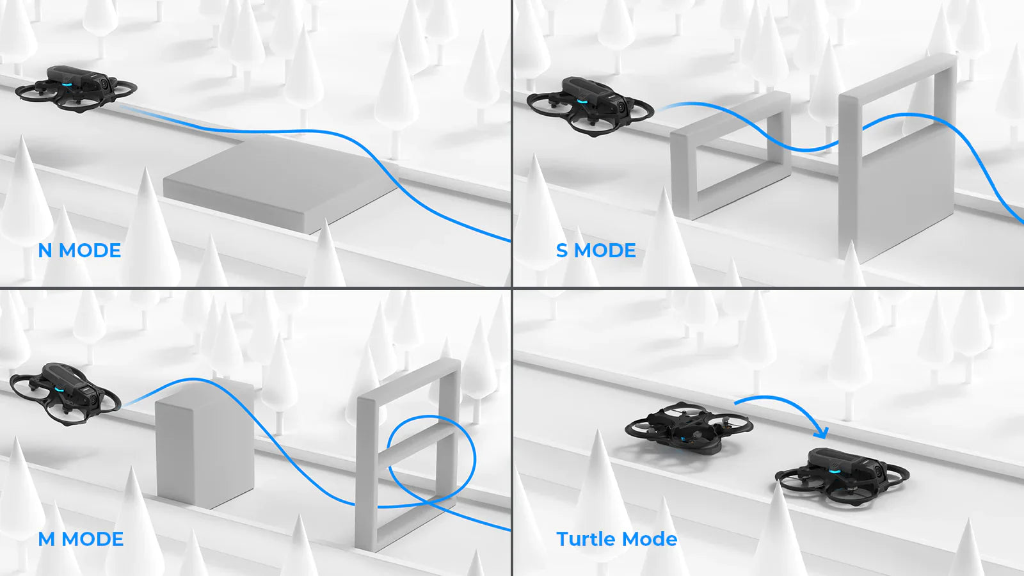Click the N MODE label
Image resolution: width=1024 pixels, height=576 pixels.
pos(79,250)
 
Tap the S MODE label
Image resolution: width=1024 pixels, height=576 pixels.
pos(596,250)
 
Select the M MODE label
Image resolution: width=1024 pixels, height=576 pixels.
pos(81,539)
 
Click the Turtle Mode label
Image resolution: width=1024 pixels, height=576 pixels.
pos(616,539)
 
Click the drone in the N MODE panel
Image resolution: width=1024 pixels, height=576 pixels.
pos(76,89)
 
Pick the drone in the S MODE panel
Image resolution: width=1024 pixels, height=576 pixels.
pos(589,105)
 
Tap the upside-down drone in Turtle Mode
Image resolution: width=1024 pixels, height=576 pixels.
pos(689,428)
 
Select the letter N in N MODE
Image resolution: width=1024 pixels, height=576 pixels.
pos(45,250)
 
